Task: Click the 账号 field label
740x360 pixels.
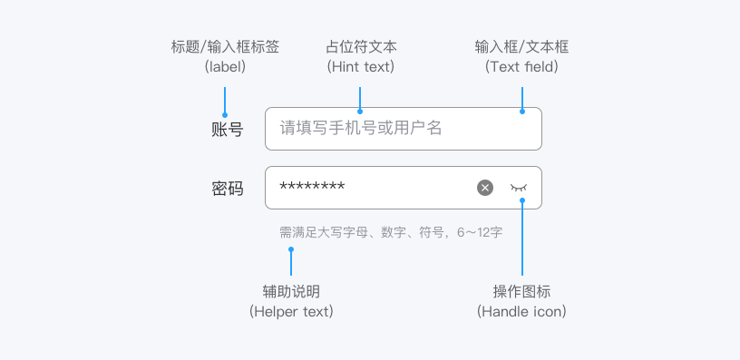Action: point(227,129)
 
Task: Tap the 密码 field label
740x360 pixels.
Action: point(227,189)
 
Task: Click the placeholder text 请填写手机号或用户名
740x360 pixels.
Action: point(361,128)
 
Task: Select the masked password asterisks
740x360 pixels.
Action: point(312,185)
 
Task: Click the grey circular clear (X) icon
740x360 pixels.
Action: point(485,188)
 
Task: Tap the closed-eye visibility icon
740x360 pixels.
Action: point(519,188)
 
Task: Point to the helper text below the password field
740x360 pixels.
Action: point(391,232)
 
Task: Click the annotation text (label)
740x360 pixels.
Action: point(225,67)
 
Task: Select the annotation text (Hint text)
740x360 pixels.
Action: point(361,67)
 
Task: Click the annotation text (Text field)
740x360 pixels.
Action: point(521,67)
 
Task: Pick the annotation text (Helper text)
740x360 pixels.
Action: point(291,311)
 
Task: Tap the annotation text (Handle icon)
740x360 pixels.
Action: point(521,311)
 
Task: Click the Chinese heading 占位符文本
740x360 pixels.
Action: point(361,47)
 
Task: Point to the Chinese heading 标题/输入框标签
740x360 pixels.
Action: point(225,47)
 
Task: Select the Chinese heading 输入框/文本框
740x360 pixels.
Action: point(521,47)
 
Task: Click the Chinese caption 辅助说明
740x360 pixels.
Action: point(291,291)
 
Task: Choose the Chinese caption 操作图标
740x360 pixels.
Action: point(521,291)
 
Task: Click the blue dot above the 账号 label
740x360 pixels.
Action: point(225,114)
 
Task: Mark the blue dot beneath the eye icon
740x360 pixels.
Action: point(522,200)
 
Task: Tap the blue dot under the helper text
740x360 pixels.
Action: point(291,249)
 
